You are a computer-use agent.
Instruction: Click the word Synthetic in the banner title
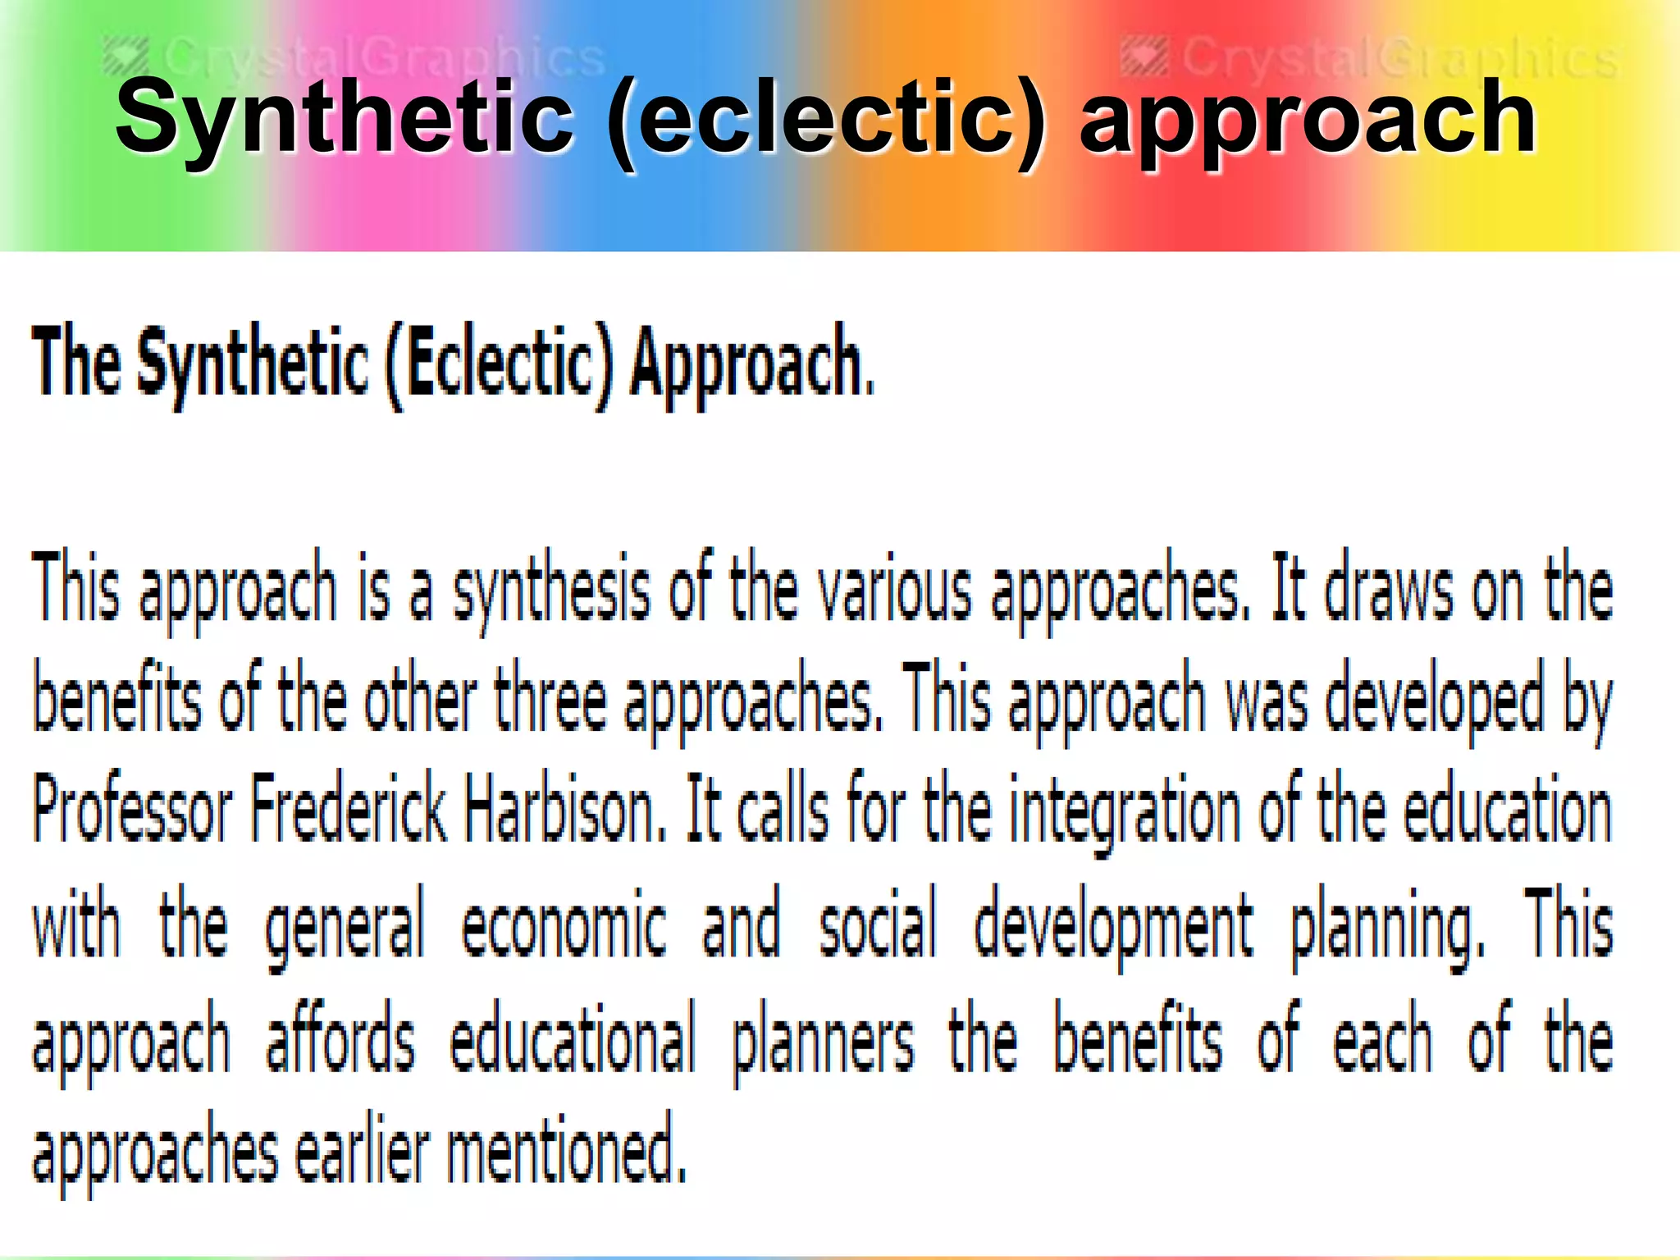(x=345, y=119)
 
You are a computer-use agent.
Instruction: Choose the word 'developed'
(x=1435, y=701)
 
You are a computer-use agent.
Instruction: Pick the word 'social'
(x=878, y=923)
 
